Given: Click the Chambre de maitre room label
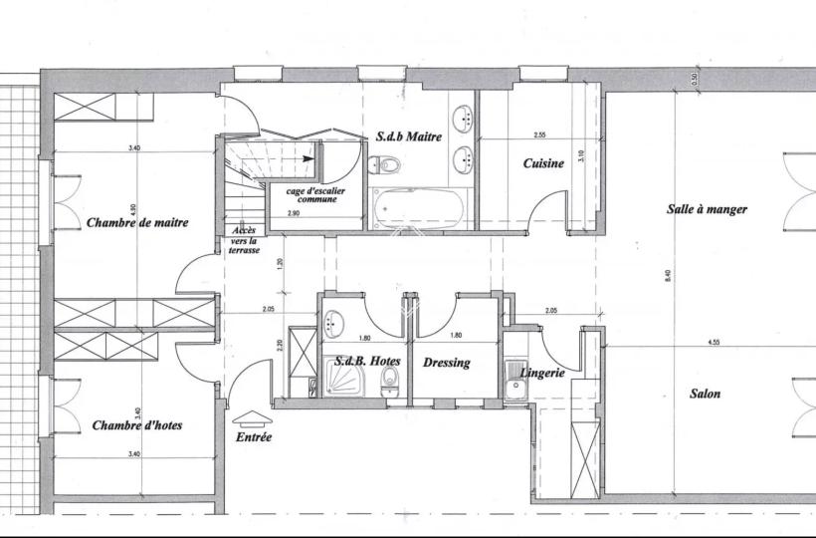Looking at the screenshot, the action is (137, 223).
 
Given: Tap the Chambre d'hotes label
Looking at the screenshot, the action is (137, 425).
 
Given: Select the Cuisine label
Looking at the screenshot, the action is (543, 163).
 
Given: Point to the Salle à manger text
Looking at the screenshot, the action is (707, 209).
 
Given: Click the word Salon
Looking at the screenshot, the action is (706, 394).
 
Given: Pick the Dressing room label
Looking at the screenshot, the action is (447, 363).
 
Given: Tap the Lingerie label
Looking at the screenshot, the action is (542, 373).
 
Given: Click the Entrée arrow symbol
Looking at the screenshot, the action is (253, 417).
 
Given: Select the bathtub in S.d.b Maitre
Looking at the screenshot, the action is (419, 208).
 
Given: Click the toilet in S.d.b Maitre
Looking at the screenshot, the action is (384, 165).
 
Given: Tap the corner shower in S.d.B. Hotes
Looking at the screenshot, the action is (344, 377).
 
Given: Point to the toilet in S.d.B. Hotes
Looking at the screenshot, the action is (389, 380).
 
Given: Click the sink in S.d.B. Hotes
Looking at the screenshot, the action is (333, 323).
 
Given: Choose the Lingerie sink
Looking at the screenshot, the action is (515, 380).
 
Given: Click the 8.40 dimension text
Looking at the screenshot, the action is (668, 275).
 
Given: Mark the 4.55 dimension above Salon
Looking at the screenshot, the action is (714, 343).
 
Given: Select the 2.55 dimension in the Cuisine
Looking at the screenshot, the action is (539, 134).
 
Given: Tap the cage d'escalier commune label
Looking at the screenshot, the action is (315, 195).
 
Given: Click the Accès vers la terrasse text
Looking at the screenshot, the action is (244, 240).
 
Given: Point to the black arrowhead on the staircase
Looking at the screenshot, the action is (309, 158).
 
